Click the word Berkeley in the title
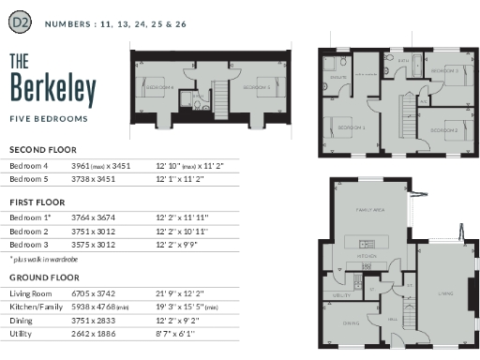(x=53, y=90)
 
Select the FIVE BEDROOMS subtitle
(x=49, y=119)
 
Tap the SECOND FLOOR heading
(x=42, y=150)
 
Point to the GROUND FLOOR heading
(x=43, y=277)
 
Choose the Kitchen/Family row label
(x=36, y=306)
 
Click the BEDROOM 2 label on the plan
(x=442, y=128)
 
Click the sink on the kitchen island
(x=363, y=241)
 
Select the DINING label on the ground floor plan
(x=351, y=323)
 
